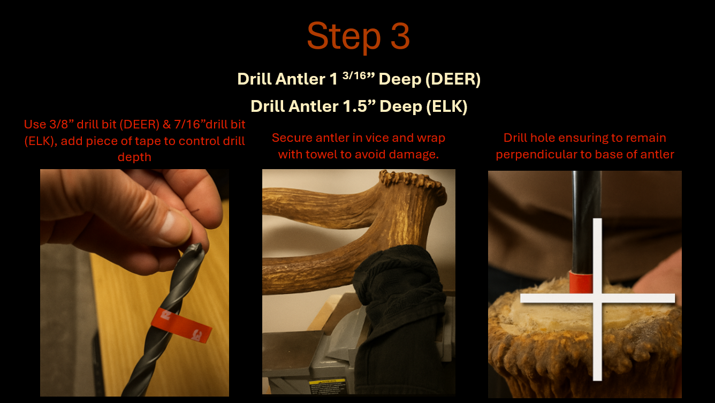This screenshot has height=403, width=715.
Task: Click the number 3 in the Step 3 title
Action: coord(400,36)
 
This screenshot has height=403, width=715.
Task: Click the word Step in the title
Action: coord(344,36)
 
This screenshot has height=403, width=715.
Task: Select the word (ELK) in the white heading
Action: coord(447,107)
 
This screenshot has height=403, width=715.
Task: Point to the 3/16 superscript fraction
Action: coord(354,75)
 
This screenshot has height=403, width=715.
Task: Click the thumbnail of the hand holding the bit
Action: coord(134,283)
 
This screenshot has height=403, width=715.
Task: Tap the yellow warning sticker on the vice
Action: coord(327,386)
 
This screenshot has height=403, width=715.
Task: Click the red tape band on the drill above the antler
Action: coord(581,282)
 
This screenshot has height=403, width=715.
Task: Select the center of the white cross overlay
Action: coord(598,298)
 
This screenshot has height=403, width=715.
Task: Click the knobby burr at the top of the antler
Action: coord(412,180)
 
